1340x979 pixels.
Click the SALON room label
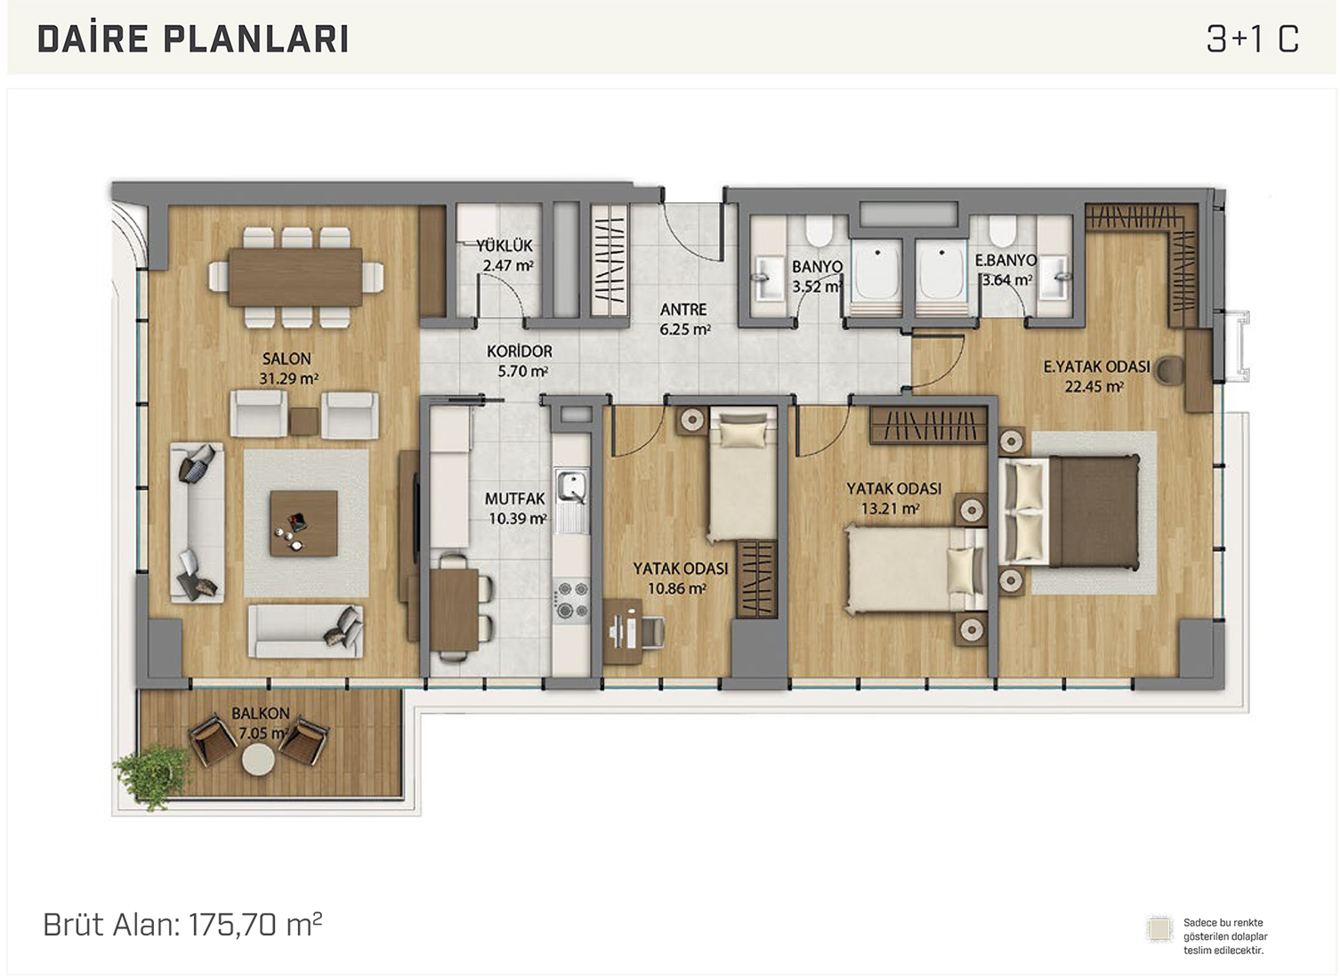[287, 359]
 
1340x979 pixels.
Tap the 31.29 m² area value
[288, 378]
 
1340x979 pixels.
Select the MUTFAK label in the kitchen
[515, 498]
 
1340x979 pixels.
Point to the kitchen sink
[571, 487]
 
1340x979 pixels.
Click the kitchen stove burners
[572, 598]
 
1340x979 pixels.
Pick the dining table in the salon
[295, 277]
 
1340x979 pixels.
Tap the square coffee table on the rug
[303, 523]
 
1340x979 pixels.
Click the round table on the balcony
[258, 760]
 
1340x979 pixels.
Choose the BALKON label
[260, 713]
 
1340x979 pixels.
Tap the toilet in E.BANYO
[1002, 231]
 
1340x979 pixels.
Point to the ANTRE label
[683, 310]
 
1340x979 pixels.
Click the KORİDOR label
[520, 352]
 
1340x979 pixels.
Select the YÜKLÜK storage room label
[505, 246]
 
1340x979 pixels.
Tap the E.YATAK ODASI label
[1096, 366]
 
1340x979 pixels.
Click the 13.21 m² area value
[890, 509]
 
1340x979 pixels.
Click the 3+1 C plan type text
[1253, 39]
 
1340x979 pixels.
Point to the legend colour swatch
[1159, 929]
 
